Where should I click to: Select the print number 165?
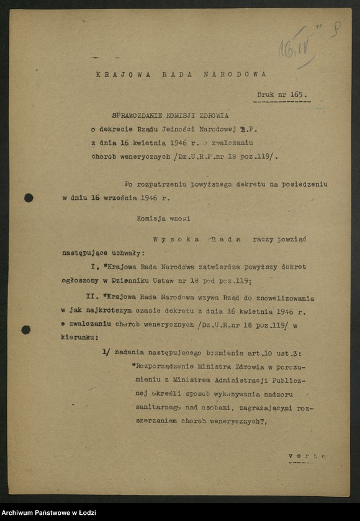click(x=297, y=94)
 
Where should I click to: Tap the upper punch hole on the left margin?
click(x=29, y=198)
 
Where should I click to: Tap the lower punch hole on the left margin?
click(x=26, y=329)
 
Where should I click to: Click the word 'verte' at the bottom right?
click(x=307, y=456)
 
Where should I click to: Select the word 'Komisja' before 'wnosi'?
click(x=153, y=218)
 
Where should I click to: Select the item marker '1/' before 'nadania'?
click(x=106, y=352)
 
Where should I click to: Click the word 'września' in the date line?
click(x=120, y=198)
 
